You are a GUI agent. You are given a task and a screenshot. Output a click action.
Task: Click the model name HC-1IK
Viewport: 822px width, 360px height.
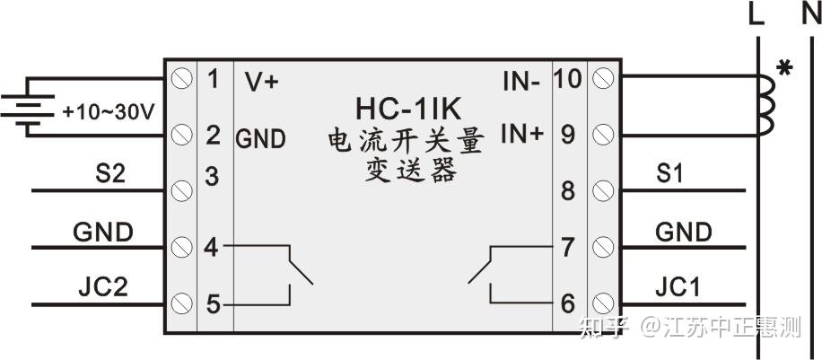[x=408, y=110]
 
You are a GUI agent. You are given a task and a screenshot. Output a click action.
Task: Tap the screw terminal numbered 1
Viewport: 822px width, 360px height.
[x=183, y=79]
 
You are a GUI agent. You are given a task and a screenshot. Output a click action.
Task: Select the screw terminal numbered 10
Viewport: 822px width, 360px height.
[x=605, y=79]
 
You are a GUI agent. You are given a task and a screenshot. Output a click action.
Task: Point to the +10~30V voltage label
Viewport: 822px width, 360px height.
[x=109, y=112]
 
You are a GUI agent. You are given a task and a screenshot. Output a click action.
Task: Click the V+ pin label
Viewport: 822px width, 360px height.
[x=262, y=81]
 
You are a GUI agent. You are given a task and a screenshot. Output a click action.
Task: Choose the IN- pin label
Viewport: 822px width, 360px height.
[x=520, y=81]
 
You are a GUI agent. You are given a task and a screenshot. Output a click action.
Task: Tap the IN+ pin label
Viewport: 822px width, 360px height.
[x=521, y=135]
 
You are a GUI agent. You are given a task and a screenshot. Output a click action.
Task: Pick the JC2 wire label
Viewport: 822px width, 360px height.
[x=103, y=287]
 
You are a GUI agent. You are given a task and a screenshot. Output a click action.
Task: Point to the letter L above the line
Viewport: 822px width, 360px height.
[x=757, y=16]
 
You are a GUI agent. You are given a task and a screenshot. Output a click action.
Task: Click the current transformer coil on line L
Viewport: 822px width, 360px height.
[x=765, y=106]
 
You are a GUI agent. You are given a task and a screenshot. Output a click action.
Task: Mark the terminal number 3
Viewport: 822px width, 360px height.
[x=212, y=176]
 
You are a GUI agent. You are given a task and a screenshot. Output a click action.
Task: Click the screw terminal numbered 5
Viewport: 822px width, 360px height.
[x=183, y=303]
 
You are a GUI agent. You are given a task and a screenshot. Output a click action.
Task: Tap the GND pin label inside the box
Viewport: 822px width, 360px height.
[x=260, y=139]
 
